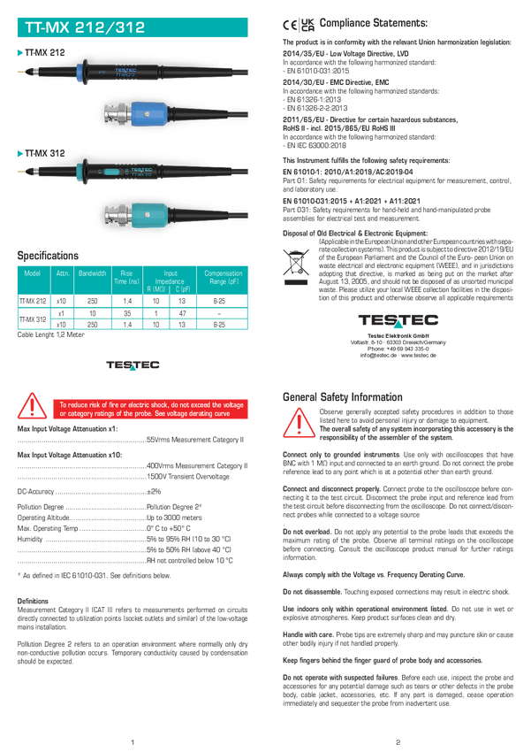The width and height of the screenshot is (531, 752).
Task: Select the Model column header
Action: point(33,274)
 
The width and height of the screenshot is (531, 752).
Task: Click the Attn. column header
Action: point(63,274)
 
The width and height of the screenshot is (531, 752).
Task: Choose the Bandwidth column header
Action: point(92,274)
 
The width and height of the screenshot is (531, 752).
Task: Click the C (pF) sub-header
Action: point(183,289)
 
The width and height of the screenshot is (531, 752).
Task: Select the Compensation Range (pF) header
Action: point(223,277)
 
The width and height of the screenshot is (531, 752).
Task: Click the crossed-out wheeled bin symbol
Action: point(294,265)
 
